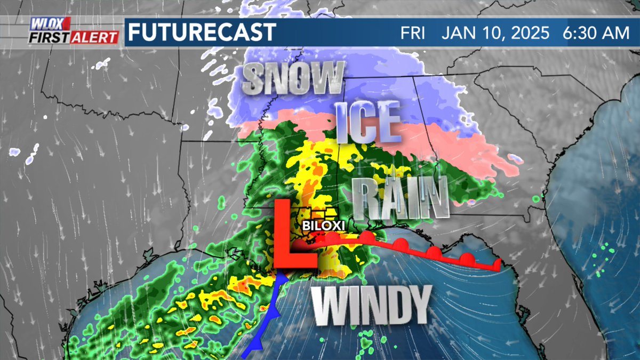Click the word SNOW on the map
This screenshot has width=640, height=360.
[x=292, y=78]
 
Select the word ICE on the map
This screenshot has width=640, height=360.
[x=368, y=119]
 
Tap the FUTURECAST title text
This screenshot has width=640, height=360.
[x=202, y=32]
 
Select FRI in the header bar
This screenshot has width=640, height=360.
[x=413, y=33]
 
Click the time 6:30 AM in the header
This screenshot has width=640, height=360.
[x=596, y=33]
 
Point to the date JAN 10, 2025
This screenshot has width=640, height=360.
[x=495, y=33]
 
